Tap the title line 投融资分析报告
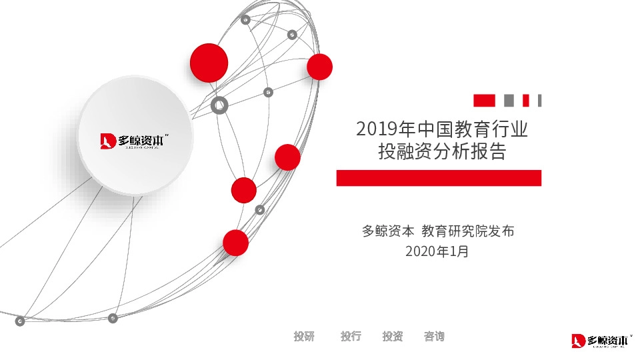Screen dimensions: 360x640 [x=442, y=152]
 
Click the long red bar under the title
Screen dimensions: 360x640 [x=439, y=178]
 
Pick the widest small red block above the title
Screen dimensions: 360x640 [x=484, y=101]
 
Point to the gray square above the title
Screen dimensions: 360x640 [x=509, y=101]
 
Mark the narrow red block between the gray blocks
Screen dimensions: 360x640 [x=525, y=101]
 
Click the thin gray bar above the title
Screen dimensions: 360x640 [x=539, y=101]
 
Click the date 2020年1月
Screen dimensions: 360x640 [x=437, y=252]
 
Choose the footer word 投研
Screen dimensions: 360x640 [x=304, y=337]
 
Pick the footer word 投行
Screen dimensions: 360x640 [x=351, y=337]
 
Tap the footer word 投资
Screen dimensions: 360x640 [x=393, y=337]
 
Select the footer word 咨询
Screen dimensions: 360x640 [x=434, y=337]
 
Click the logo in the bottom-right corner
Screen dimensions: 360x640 [x=601, y=341]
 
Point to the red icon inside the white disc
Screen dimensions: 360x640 [x=108, y=141]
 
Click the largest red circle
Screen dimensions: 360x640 [x=209, y=63]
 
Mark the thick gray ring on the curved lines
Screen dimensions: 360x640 [x=219, y=105]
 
